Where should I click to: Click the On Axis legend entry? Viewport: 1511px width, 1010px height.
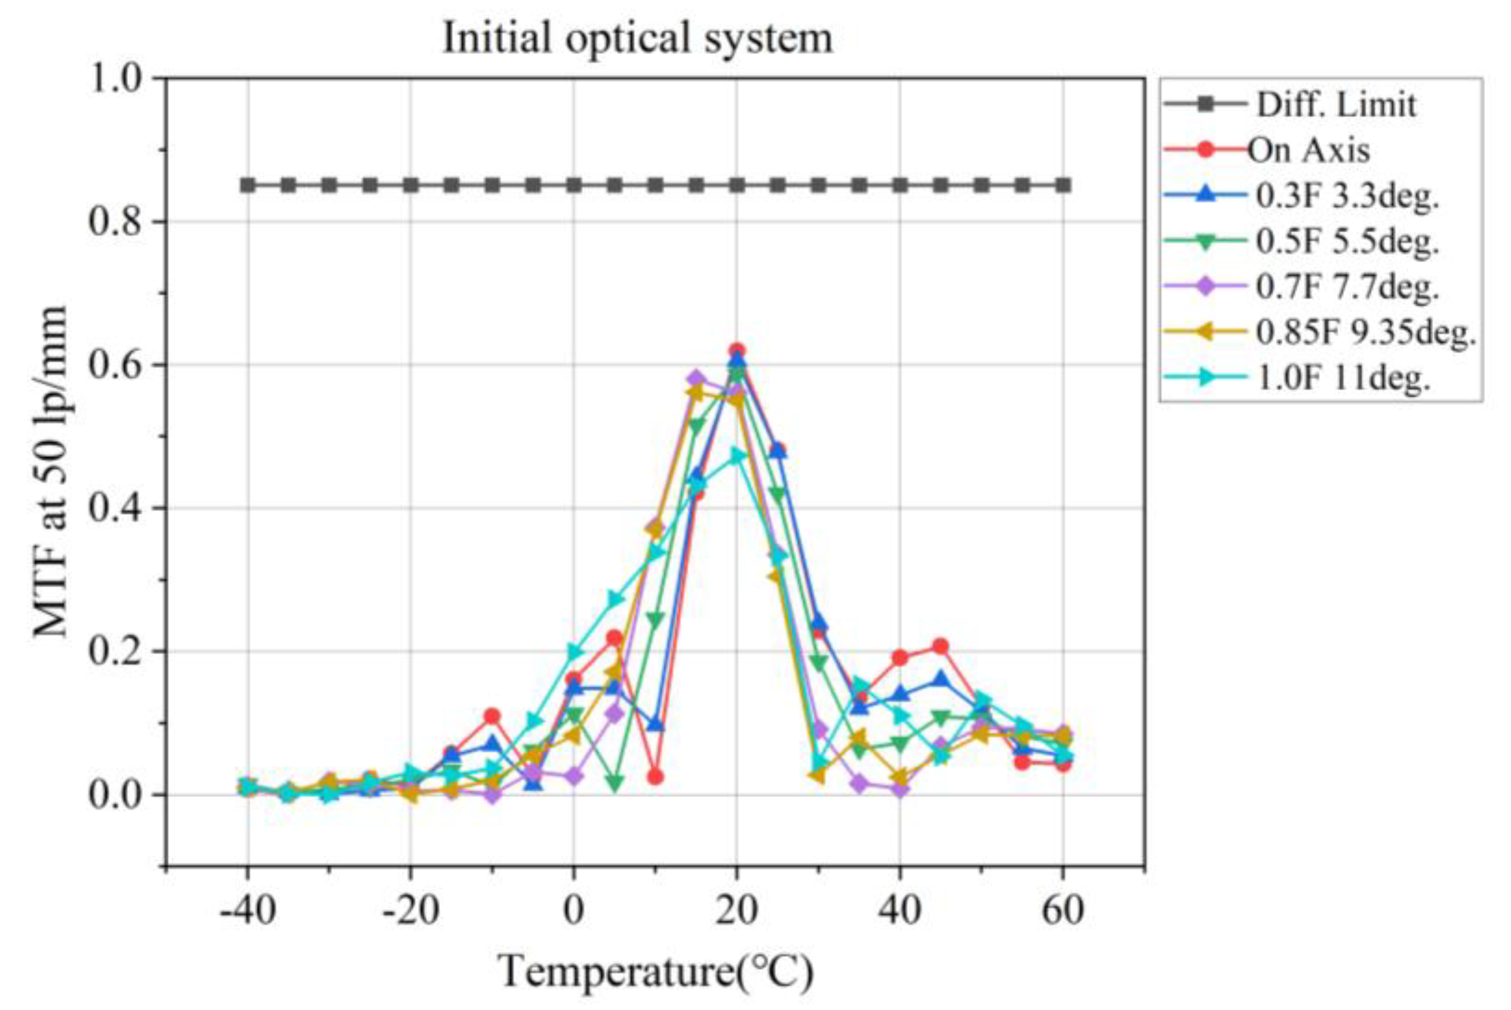click(1308, 151)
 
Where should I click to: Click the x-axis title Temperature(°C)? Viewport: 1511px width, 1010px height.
click(656, 972)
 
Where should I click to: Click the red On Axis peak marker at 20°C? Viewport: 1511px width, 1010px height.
click(737, 351)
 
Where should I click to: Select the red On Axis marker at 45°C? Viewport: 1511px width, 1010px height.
click(940, 646)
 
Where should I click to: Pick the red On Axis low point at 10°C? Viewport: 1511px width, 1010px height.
click(655, 777)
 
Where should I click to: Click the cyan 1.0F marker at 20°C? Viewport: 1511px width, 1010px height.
click(737, 456)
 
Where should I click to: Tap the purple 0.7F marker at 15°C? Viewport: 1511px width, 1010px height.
click(696, 377)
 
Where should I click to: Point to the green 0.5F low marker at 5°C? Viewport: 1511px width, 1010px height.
click(614, 783)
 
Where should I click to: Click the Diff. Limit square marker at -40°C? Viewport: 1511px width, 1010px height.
click(248, 186)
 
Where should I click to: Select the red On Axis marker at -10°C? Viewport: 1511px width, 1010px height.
click(492, 716)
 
